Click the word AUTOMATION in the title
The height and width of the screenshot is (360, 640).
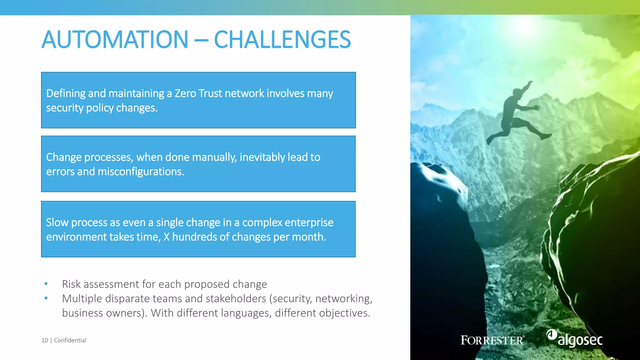pyautogui.click(x=115, y=40)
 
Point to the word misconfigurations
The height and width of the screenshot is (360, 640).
pyautogui.click(x=141, y=172)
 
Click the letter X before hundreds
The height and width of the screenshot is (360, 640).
pyautogui.click(x=166, y=237)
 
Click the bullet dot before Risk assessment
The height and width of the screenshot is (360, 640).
pyautogui.click(x=46, y=284)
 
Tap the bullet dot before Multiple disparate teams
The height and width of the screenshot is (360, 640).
pyautogui.click(x=46, y=298)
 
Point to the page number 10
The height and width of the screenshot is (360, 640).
pyautogui.click(x=45, y=340)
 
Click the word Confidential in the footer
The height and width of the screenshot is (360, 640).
pyautogui.click(x=70, y=340)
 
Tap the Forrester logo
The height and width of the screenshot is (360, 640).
pyautogui.click(x=492, y=340)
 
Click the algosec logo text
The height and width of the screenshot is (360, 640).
pyautogui.click(x=580, y=340)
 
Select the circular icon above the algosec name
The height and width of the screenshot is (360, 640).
pyautogui.click(x=552, y=334)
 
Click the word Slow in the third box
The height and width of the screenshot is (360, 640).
pyautogui.click(x=57, y=222)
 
